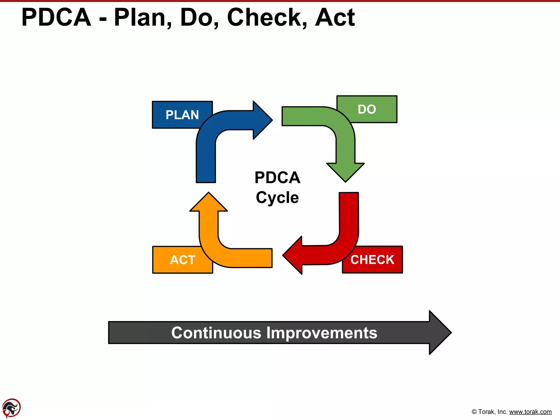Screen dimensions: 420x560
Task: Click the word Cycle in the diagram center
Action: tap(277, 197)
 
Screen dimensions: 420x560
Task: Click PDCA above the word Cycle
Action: tap(277, 177)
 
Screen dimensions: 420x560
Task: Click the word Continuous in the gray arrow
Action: tap(216, 333)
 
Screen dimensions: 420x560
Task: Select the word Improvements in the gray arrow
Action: tap(322, 333)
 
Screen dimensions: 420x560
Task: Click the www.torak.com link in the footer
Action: tap(530, 412)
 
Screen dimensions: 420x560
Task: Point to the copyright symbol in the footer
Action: tap(474, 412)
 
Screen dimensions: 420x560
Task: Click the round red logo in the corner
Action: tap(11, 408)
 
